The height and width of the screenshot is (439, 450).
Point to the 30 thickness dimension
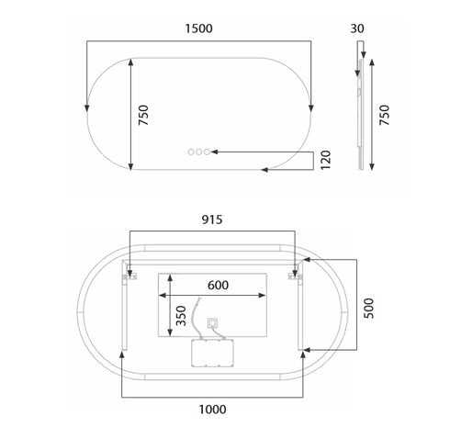[x=357, y=28]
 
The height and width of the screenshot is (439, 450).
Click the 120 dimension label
[x=324, y=161]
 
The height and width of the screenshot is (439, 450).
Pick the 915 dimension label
[x=212, y=220]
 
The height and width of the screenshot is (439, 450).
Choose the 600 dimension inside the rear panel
[x=217, y=285]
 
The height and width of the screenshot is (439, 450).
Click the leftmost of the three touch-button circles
[x=191, y=150]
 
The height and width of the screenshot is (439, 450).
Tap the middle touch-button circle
[x=200, y=150]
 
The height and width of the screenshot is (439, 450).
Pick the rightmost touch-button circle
[x=209, y=150]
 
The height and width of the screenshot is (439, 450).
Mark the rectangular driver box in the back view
[x=213, y=353]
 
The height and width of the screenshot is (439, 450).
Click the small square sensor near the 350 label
[x=212, y=323]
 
